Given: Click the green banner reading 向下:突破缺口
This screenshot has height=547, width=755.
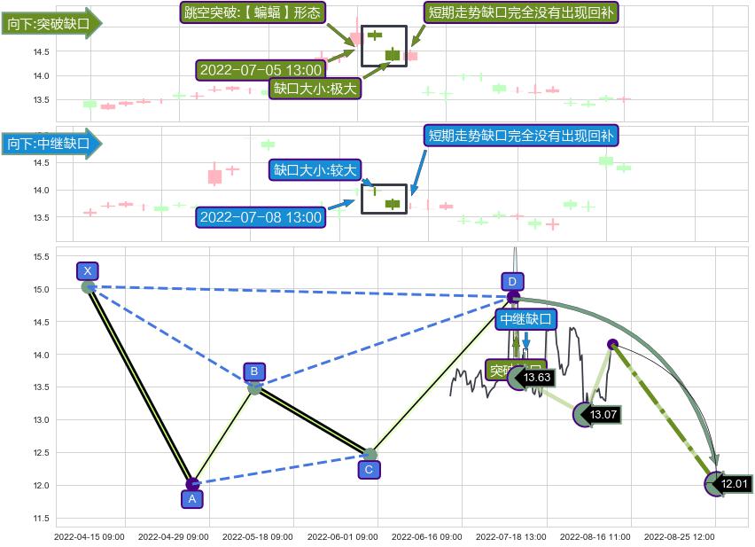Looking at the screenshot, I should (x=50, y=24).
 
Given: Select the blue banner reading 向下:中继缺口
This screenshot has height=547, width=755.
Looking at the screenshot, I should (x=50, y=143).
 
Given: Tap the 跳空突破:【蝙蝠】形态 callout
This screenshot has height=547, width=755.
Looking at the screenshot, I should (x=253, y=12).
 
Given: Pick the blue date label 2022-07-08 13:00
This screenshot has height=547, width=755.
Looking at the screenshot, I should (x=261, y=216).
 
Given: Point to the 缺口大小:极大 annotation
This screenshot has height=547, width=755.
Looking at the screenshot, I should (x=315, y=89).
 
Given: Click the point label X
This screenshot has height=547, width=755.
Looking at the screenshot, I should (x=87, y=271).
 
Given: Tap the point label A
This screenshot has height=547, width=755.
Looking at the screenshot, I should (x=192, y=499).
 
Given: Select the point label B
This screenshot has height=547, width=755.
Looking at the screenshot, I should (x=254, y=371).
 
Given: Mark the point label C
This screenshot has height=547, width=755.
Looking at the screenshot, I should (x=370, y=470).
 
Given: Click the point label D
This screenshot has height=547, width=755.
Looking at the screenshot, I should (x=512, y=282).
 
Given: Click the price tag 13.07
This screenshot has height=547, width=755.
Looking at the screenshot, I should (x=603, y=414).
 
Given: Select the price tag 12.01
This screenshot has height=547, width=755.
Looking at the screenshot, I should (x=735, y=484).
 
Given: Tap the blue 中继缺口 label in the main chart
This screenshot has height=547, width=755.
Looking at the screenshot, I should (x=525, y=319).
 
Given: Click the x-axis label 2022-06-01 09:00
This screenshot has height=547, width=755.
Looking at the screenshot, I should (x=343, y=536).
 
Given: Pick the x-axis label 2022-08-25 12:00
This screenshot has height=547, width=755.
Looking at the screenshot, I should (x=679, y=536).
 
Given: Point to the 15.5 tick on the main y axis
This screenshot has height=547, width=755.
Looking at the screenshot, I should (x=41, y=257).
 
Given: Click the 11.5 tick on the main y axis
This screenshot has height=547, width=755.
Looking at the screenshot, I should (x=41, y=519).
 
